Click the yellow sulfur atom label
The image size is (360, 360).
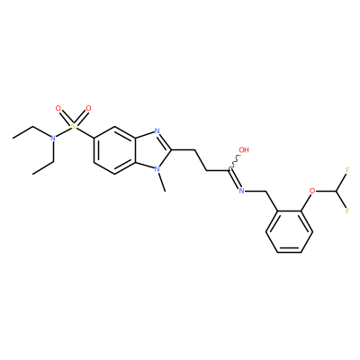point(73,127)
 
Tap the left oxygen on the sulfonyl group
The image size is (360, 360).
point(58,108)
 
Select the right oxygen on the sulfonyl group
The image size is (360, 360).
point(88,108)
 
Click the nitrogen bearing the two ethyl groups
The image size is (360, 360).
point(53,139)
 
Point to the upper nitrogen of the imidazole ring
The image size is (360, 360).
point(157,131)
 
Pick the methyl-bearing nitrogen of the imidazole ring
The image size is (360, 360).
point(157,169)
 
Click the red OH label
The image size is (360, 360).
point(244,149)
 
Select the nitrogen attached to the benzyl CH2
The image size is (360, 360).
point(241,191)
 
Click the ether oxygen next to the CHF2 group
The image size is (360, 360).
point(312,191)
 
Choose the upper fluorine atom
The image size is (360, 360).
point(347,170)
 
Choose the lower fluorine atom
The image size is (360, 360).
point(347,211)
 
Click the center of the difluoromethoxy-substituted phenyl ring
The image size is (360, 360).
point(289,231)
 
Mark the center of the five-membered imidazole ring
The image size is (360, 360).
point(154,150)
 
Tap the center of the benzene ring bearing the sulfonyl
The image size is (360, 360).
point(115,150)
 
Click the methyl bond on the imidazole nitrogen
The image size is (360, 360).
point(162,182)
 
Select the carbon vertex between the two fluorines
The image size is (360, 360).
point(336,191)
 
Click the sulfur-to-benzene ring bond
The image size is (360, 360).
point(85,132)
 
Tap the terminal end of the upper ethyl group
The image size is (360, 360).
point(13,138)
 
